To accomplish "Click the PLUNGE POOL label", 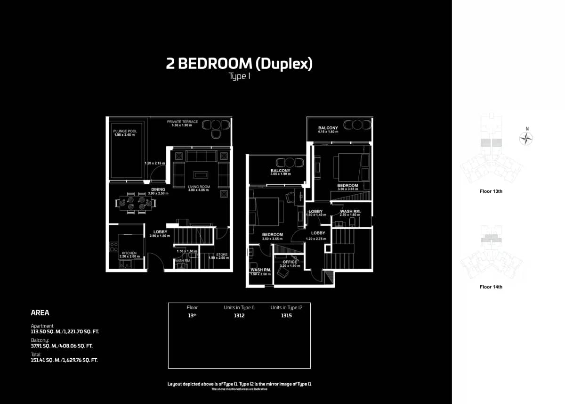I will [124, 131].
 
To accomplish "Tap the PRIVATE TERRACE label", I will [183, 122].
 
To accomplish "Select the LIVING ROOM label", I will [199, 187].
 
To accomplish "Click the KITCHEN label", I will [129, 253].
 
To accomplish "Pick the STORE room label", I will [222, 255].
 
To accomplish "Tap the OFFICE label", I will [290, 262].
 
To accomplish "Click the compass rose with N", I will [526, 138].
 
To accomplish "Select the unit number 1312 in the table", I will [239, 316].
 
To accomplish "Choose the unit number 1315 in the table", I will [286, 316].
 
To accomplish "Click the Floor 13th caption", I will [491, 191].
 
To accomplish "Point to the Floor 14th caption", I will [491, 287].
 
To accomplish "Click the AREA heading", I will [40, 313].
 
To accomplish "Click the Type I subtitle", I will [239, 76].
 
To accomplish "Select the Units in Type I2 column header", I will [286, 307].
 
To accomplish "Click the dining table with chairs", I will [136, 203].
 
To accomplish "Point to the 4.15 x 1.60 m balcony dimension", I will [328, 132].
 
